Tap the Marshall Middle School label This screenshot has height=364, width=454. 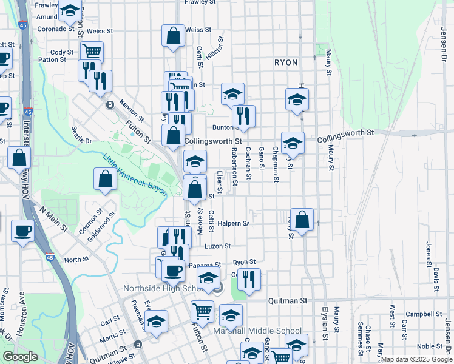point(257,331)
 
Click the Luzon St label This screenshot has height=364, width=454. point(219,246)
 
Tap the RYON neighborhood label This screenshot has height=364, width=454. point(286,62)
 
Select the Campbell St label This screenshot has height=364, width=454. point(424,314)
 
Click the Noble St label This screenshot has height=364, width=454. point(429,346)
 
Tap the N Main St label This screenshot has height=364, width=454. point(53,218)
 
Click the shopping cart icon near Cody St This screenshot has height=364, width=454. point(92,51)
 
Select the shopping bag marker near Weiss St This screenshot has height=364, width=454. point(173,35)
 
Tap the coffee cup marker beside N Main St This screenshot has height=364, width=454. point(22,231)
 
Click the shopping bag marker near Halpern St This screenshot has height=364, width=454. point(302,219)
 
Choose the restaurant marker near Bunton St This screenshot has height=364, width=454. point(243,115)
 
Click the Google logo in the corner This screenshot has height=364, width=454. point(21,357)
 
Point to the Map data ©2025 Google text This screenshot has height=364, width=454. point(416,359)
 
